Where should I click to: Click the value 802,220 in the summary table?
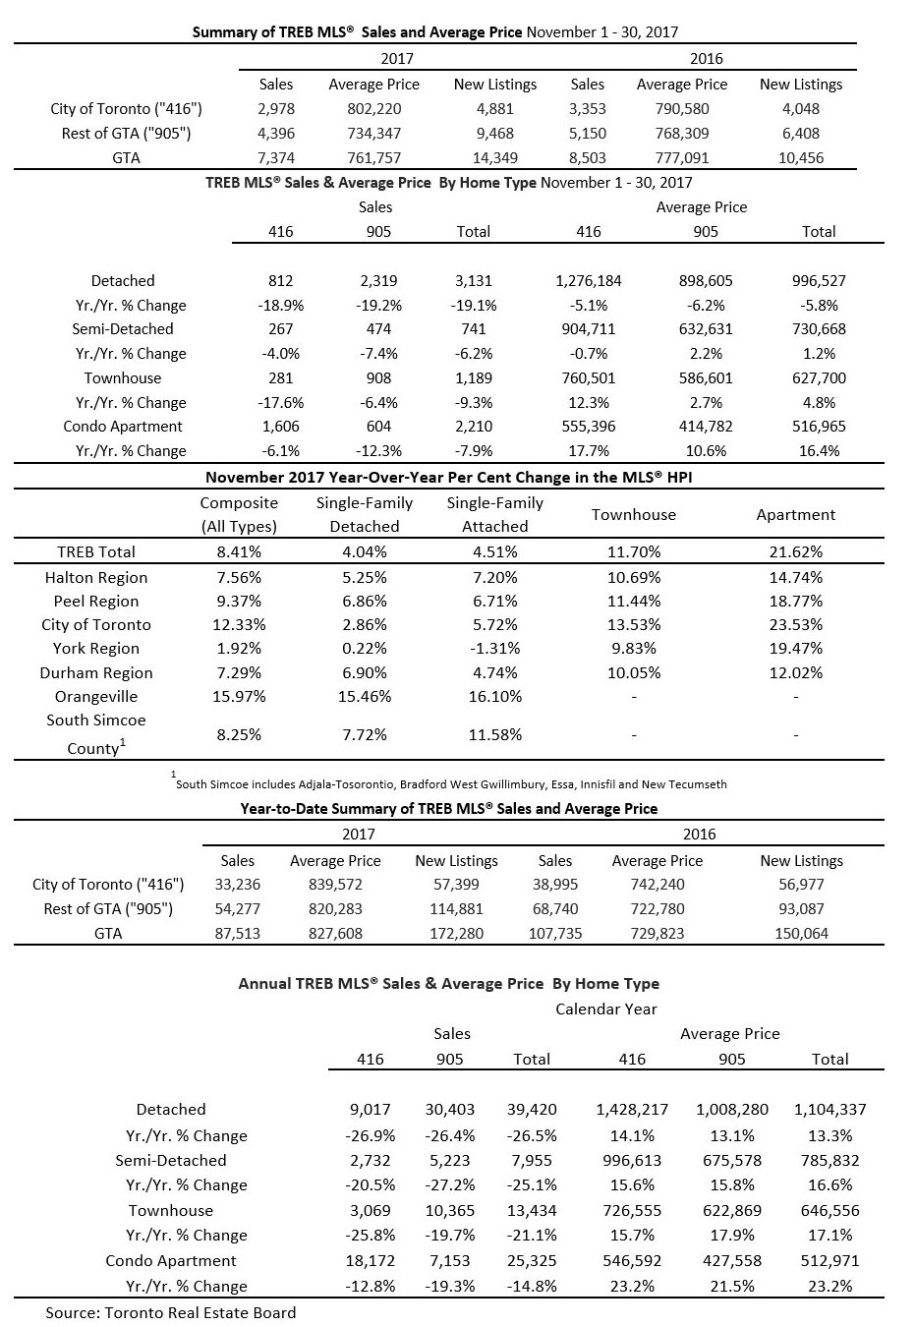click(374, 109)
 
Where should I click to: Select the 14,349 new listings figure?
click(495, 157)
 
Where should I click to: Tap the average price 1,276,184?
click(589, 281)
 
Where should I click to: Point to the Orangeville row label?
click(95, 696)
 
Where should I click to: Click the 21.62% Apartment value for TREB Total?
click(796, 552)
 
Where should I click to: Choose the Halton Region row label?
click(96, 578)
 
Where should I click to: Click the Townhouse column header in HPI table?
click(634, 514)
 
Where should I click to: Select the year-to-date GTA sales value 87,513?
click(237, 933)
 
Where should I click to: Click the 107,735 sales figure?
click(555, 933)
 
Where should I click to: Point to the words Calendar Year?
click(606, 1009)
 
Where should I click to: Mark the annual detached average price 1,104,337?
click(829, 1110)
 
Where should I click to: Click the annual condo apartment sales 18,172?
click(370, 1261)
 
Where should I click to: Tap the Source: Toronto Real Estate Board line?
click(171, 1312)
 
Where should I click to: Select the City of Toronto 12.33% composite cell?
click(239, 625)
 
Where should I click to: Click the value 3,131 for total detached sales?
click(474, 281)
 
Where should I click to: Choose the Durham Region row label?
click(96, 673)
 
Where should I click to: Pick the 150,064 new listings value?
click(802, 933)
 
